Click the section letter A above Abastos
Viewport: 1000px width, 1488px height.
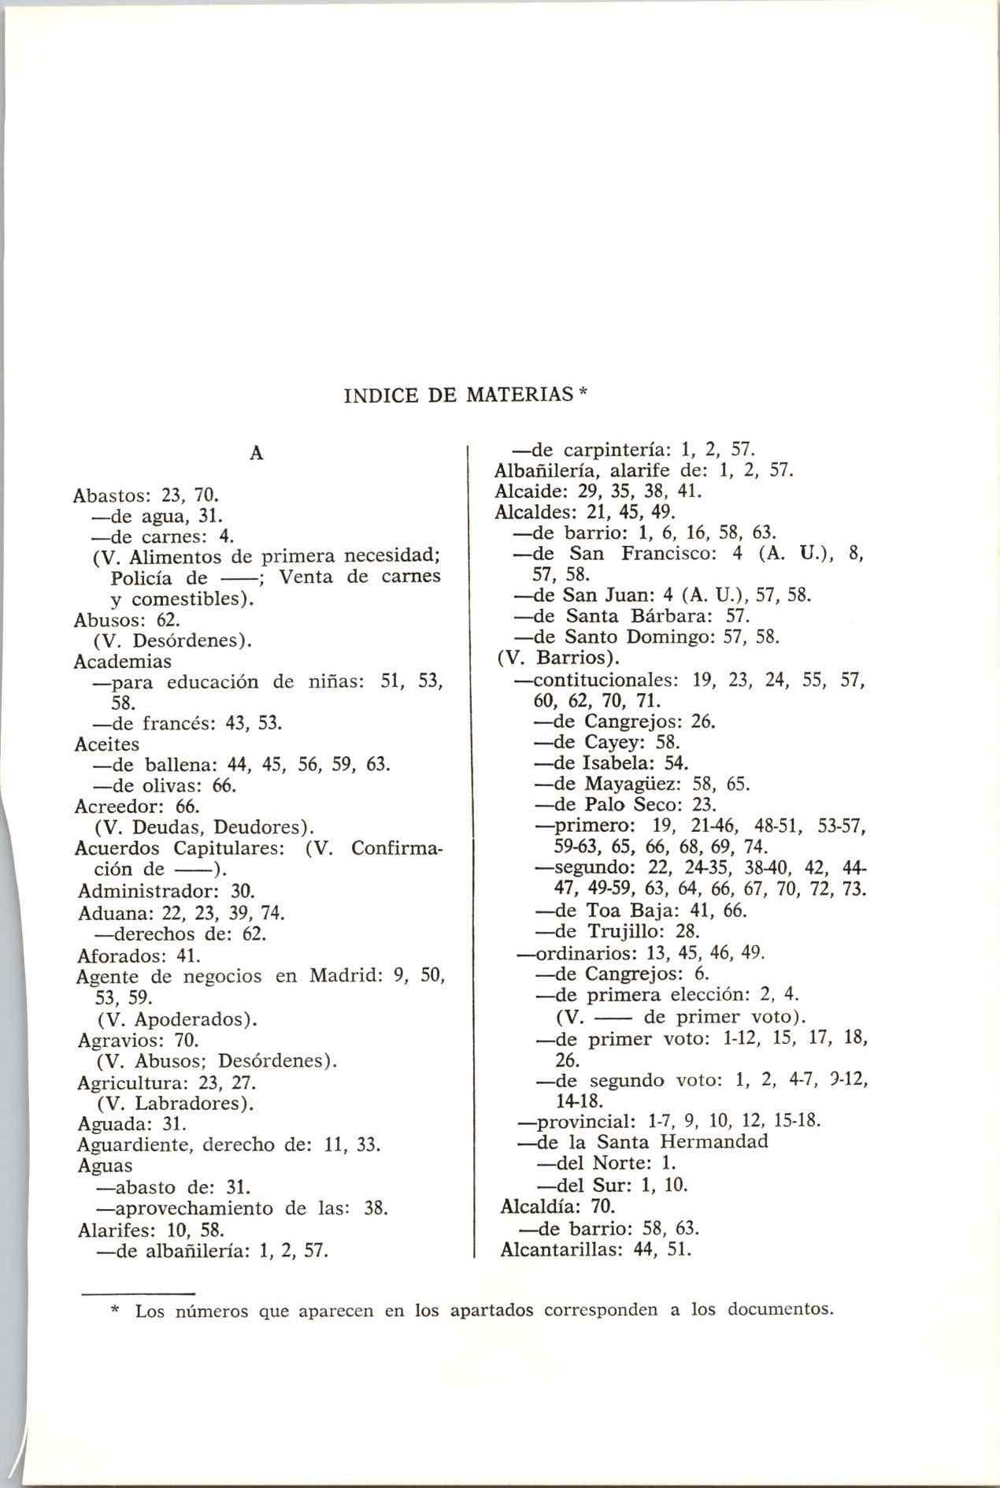pyautogui.click(x=256, y=454)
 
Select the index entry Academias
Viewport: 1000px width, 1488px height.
pyautogui.click(x=122, y=661)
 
